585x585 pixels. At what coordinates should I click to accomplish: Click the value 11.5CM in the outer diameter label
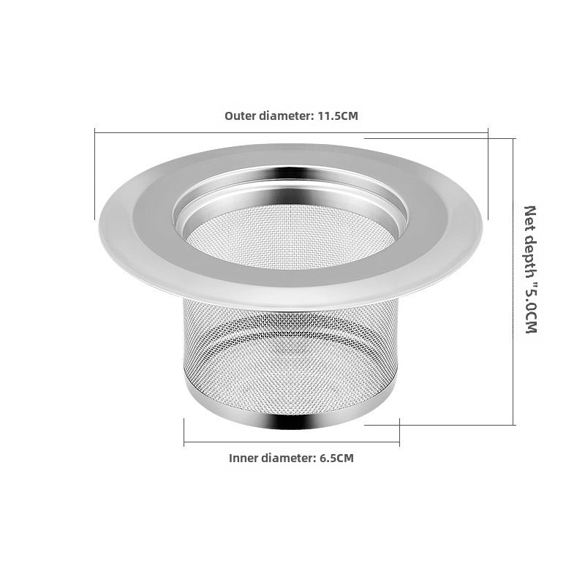pos(338,116)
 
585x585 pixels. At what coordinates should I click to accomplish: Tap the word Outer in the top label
pos(240,116)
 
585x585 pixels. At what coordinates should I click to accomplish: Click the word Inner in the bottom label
pos(244,458)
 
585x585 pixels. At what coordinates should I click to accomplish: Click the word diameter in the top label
pos(286,116)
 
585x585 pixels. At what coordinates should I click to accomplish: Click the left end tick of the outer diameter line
pos(94,175)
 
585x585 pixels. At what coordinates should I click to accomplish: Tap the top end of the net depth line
pos(514,137)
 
